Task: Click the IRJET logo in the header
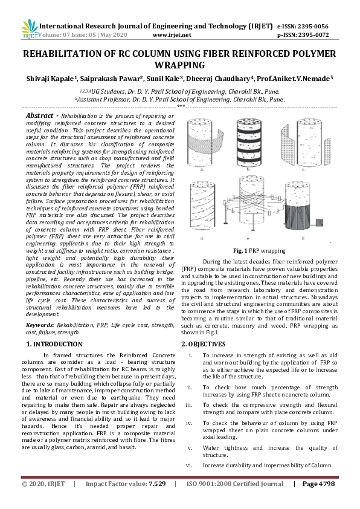point(30,29)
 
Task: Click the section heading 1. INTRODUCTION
point(54,343)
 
